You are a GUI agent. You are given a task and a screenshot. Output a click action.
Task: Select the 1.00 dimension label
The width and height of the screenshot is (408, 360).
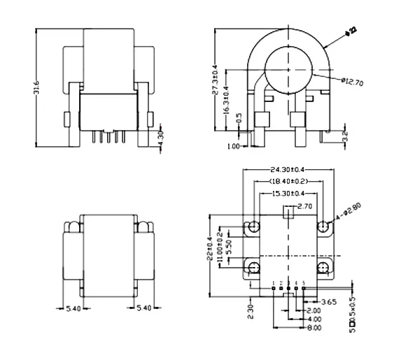pyautogui.click(x=234, y=146)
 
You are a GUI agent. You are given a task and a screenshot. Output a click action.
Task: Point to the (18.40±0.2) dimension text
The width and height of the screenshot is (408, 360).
pyautogui.click(x=287, y=181)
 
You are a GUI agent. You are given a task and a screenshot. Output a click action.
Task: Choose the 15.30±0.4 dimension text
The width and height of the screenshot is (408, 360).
pyautogui.click(x=287, y=193)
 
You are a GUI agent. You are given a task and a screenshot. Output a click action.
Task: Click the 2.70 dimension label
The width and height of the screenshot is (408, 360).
pyautogui.click(x=305, y=207)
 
